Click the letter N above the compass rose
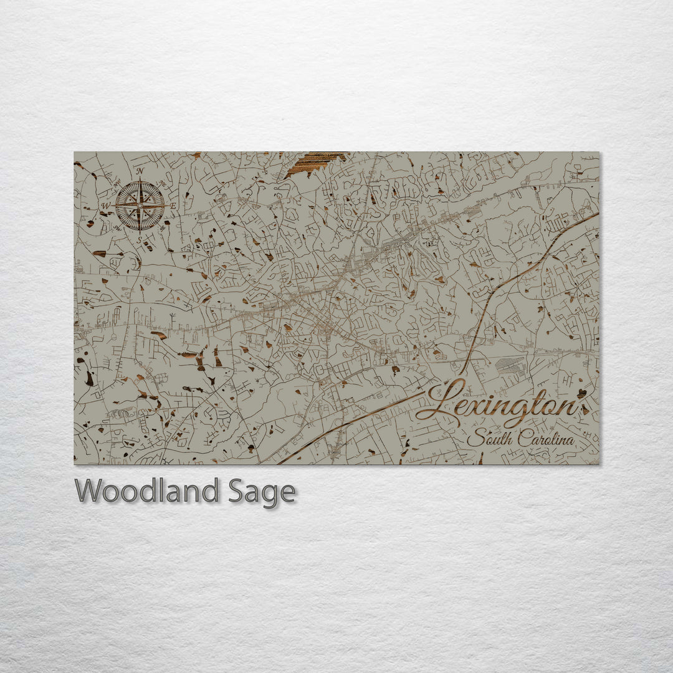(x=140, y=171)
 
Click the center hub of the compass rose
(x=140, y=204)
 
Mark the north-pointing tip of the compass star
(x=140, y=179)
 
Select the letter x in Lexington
(x=484, y=408)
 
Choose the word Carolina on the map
(x=546, y=438)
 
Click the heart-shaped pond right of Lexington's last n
(x=583, y=393)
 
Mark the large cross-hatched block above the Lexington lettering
(x=510, y=365)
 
